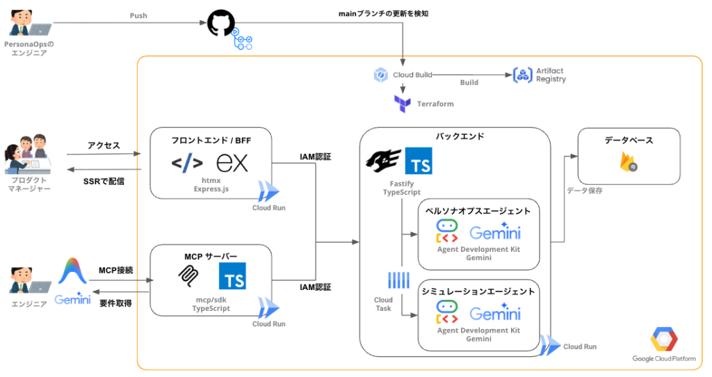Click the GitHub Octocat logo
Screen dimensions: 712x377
[x=220, y=23]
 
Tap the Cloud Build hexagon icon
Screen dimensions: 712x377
[x=380, y=75]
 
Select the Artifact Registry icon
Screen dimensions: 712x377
[x=522, y=75]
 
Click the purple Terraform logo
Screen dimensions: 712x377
[x=403, y=104]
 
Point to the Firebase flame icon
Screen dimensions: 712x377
[x=629, y=161]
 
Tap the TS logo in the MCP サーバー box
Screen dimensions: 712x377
[x=232, y=275]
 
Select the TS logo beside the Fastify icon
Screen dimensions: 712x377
[x=418, y=161]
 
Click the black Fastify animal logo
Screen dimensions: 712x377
[x=384, y=161]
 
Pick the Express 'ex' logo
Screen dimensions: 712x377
[x=232, y=163]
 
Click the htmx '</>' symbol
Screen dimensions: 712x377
[x=187, y=163]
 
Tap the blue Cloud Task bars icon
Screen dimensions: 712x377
[x=398, y=280]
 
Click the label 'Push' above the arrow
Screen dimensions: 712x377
[x=138, y=15]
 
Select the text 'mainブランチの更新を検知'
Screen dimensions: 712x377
[x=383, y=14]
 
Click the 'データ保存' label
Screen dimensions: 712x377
[x=584, y=191]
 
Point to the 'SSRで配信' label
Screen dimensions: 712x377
[x=104, y=182]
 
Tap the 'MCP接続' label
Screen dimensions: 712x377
[x=116, y=271]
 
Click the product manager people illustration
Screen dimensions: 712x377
[x=28, y=154]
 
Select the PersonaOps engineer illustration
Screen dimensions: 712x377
[x=30, y=23]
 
